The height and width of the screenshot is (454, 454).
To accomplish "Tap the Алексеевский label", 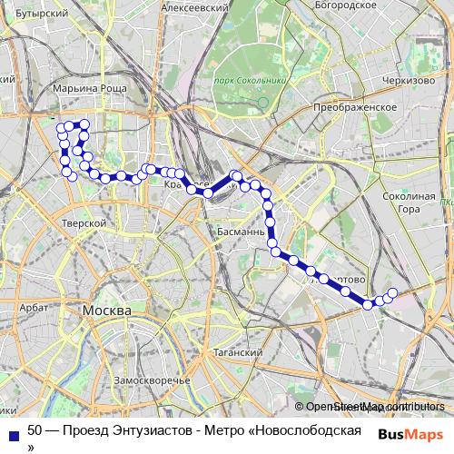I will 193,6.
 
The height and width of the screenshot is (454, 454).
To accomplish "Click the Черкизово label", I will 409,80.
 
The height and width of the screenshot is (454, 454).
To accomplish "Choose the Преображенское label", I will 354,107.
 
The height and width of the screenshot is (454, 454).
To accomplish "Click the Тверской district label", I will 84,222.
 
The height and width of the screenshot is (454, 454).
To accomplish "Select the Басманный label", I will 242,232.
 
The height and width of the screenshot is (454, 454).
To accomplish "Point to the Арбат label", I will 35,309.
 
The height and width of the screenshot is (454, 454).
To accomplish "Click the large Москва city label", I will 107,311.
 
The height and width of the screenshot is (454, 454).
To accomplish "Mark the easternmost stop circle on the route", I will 393,292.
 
